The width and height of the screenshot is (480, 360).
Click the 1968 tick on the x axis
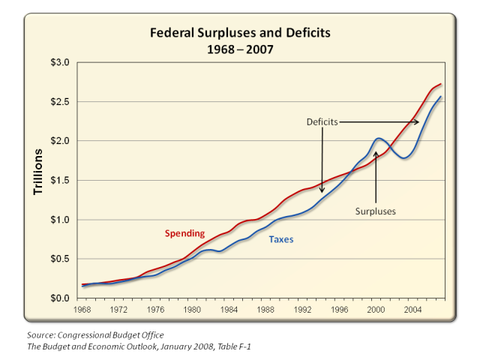click(x=83, y=308)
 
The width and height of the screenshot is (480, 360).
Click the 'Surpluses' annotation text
click(x=375, y=211)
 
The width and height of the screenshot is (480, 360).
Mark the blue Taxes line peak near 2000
click(x=379, y=138)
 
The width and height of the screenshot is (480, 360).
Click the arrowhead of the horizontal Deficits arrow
click(x=417, y=121)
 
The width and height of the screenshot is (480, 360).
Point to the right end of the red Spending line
click(x=441, y=84)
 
